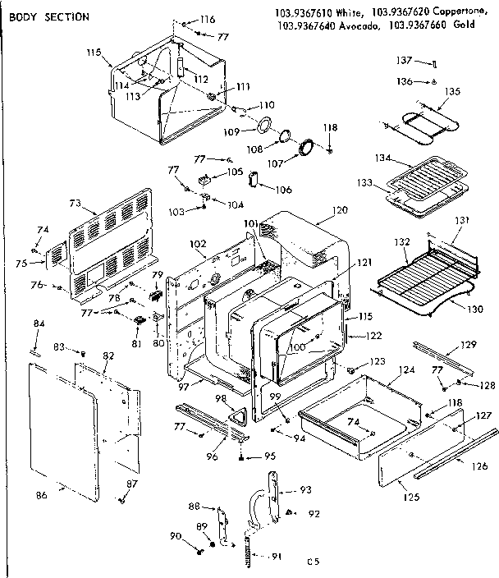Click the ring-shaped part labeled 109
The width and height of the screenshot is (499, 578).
point(265,125)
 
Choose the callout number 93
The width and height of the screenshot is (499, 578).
point(306,490)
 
